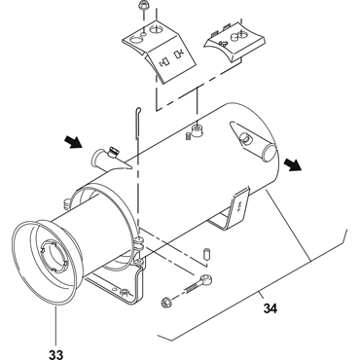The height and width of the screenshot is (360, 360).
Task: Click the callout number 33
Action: pyautogui.click(x=56, y=354)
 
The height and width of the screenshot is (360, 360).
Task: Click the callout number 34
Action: pyautogui.click(x=270, y=308)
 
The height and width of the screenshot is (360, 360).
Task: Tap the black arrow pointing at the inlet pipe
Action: pyautogui.click(x=74, y=142)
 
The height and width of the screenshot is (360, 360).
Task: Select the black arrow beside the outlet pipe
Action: pyautogui.click(x=293, y=164)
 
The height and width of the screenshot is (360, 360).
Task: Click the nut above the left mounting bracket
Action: pyautogui.click(x=142, y=5)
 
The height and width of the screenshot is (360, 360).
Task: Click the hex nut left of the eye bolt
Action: pyautogui.click(x=166, y=302)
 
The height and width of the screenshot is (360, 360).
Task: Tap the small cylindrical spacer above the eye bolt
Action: pyautogui.click(x=206, y=254)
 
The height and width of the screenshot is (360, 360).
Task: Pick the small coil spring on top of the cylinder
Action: pyautogui.click(x=189, y=136)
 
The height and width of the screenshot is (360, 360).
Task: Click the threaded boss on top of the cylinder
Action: pyautogui.click(x=198, y=130)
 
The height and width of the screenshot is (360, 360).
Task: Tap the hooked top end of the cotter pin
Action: pyautogui.click(x=138, y=110)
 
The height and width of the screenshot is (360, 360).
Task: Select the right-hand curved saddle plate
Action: pyautogui.click(x=235, y=41)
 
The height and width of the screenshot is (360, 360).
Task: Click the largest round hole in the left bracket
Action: pyautogui.click(x=136, y=41)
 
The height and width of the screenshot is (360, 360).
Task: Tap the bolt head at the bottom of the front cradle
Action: pyautogui.click(x=125, y=293)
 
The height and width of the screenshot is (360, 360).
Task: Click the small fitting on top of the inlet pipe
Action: pyautogui.click(x=114, y=151)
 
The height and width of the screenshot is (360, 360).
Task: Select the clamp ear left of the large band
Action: pyautogui.click(x=67, y=203)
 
